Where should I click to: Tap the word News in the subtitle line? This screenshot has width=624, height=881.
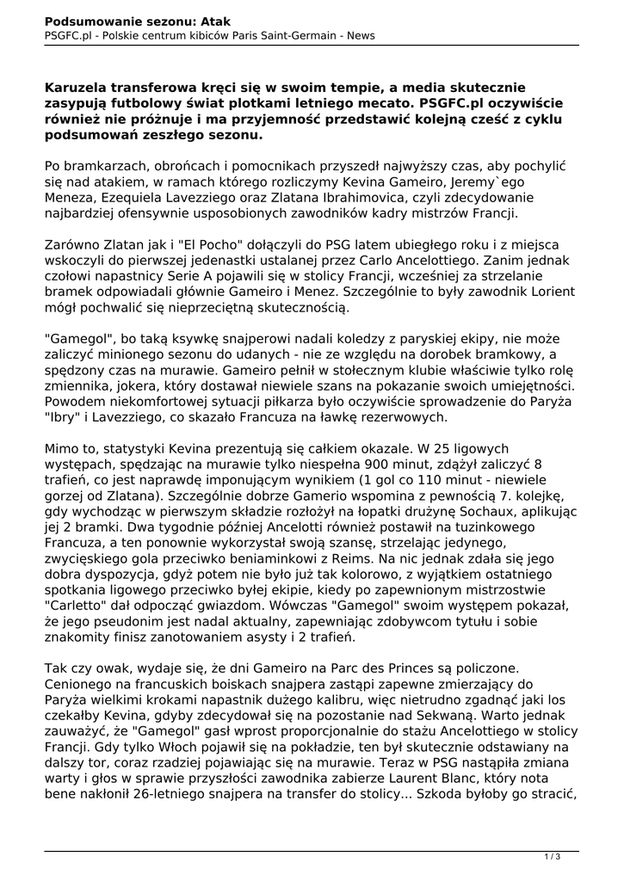[357, 35]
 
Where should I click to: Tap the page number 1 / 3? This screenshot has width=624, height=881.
[553, 855]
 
